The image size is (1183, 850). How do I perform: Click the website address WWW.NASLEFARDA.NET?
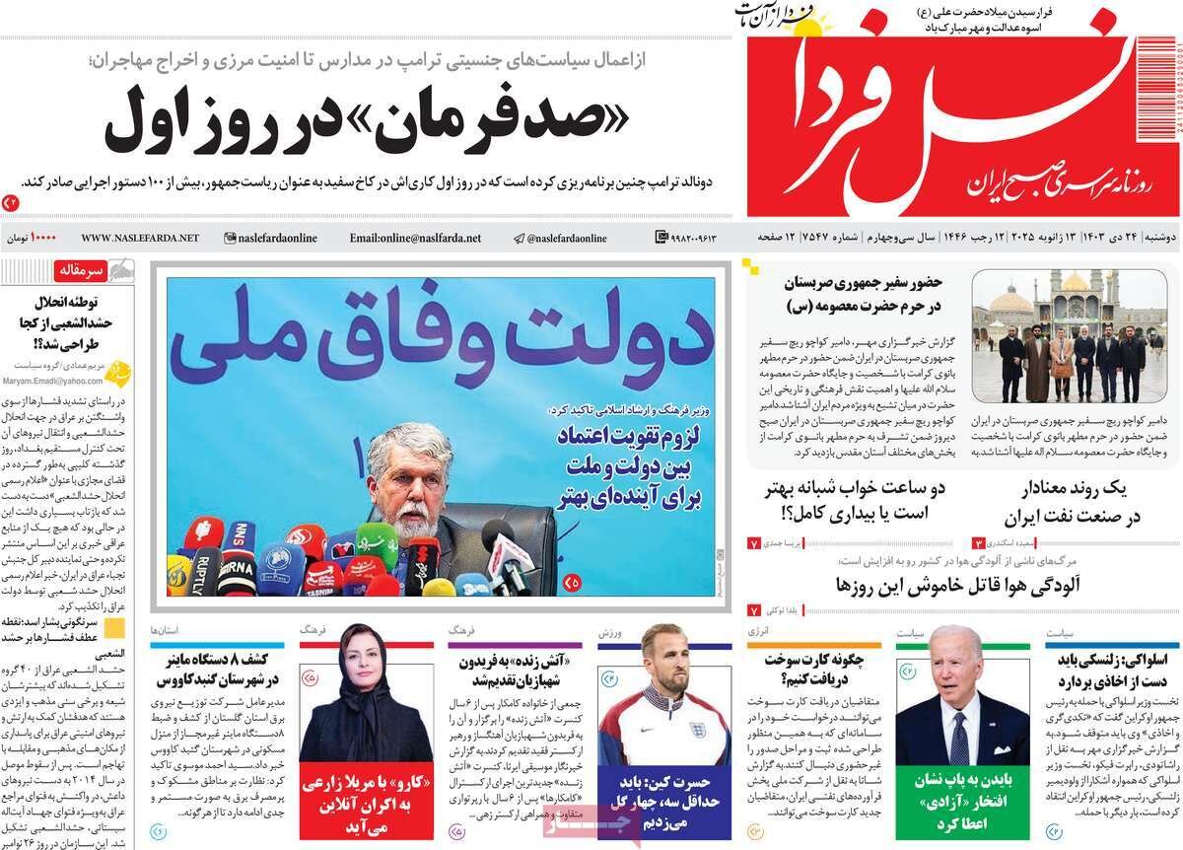(x=139, y=238)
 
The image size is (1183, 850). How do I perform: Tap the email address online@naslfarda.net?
(x=415, y=238)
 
